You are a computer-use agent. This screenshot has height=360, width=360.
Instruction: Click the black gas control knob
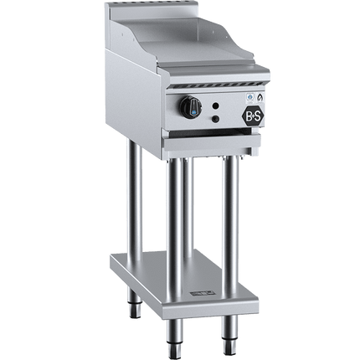click(x=191, y=108)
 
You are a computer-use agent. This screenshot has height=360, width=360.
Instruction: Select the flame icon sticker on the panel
click(x=260, y=97)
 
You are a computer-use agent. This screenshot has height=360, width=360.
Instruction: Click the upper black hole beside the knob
click(x=215, y=105)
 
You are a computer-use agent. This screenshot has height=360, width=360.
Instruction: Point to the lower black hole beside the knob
click(x=215, y=119)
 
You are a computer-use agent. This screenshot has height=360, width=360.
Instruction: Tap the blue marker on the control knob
click(x=193, y=113)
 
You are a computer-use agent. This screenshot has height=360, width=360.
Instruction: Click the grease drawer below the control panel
click(x=213, y=144)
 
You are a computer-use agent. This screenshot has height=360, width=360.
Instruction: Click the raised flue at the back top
click(x=152, y=10)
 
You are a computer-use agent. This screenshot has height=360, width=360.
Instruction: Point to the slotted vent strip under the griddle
click(x=218, y=85)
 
